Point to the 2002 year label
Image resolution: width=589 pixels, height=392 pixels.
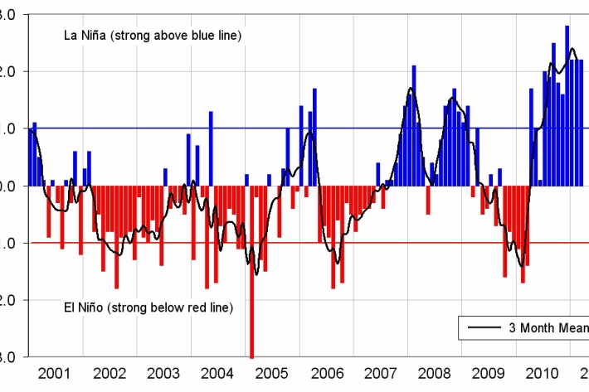point(110,372)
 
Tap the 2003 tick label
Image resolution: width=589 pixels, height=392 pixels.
point(164,372)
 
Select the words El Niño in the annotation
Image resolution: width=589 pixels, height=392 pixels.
point(83,307)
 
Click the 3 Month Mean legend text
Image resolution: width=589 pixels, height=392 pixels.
point(547,327)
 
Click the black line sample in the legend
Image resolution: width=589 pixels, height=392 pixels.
point(484,327)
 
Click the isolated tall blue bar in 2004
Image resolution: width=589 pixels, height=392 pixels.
point(211,148)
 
